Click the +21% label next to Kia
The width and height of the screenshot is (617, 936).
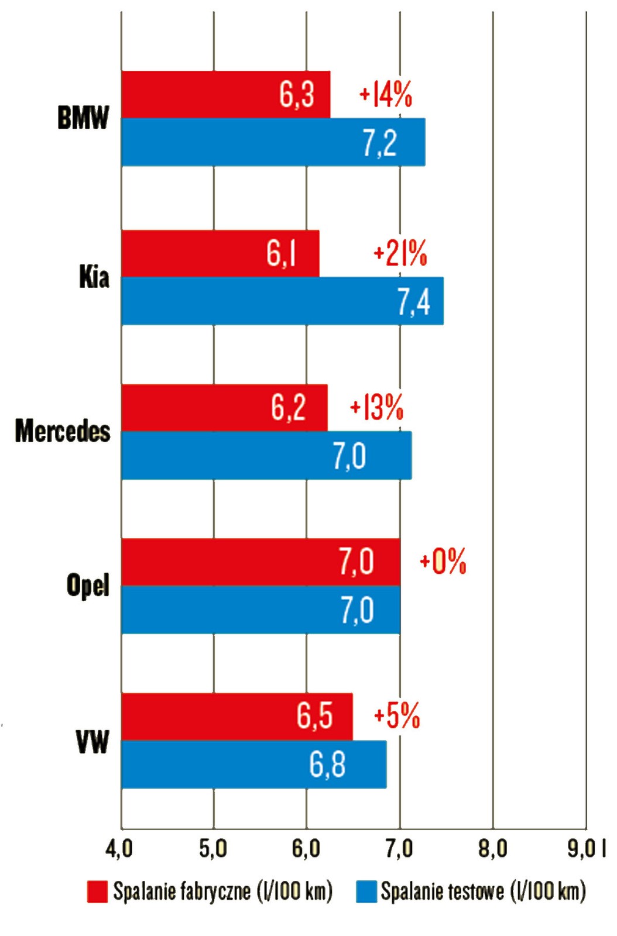(400, 254)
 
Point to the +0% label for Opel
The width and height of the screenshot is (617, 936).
(443, 562)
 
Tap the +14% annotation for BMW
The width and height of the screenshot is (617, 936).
(386, 94)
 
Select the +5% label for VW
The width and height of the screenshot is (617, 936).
(397, 715)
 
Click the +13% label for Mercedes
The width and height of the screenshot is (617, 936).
(376, 407)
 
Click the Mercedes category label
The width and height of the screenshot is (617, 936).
(63, 431)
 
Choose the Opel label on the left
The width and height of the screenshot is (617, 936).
(88, 585)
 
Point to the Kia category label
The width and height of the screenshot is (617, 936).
(94, 277)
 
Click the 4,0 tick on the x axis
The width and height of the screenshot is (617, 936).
(119, 849)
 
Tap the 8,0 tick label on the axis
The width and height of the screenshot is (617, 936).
(492, 849)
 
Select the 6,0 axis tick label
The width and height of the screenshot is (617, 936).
(306, 849)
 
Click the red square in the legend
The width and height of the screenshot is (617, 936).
(97, 892)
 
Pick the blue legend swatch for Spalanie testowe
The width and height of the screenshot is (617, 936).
(366, 892)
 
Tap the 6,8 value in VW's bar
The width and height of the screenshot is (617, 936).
(327, 765)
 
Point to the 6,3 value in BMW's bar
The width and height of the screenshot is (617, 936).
(297, 94)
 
